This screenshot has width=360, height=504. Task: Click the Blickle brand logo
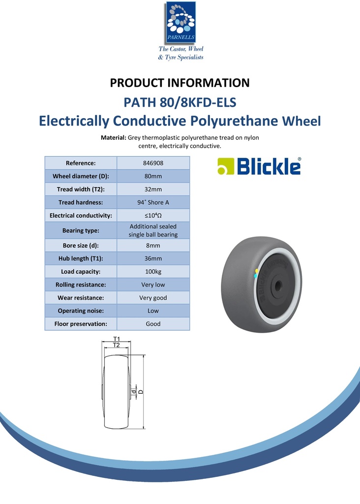pos(259,166)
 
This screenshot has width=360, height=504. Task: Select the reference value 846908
pos(153,163)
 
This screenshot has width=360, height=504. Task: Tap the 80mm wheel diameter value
pos(153,176)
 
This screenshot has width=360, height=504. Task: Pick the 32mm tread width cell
pos(153,189)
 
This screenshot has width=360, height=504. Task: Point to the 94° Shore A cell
pos(153,202)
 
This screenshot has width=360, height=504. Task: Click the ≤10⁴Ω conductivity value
pos(153,216)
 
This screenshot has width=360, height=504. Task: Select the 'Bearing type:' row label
pos(81,230)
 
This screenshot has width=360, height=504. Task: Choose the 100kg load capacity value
pos(153,272)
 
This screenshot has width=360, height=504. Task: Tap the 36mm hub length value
pos(153,258)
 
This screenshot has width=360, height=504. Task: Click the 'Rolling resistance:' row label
pos(81,284)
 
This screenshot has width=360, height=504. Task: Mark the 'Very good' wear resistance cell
pos(153,298)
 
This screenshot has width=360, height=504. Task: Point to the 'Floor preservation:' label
pos(81,324)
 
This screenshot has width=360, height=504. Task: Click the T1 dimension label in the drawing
pos(117,339)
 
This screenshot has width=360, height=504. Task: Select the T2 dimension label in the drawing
pos(117,346)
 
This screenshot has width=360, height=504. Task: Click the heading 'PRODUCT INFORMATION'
pos(180,83)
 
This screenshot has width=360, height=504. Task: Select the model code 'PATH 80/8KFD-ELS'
pos(180,103)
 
